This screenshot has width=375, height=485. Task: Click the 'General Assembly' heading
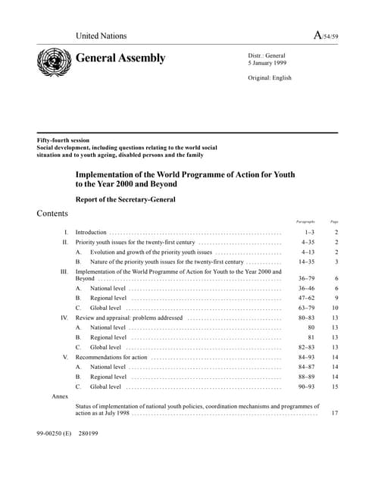click(x=120, y=58)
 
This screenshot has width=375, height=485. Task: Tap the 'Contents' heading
click(x=52, y=214)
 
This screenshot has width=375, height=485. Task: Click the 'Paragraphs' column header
click(x=305, y=222)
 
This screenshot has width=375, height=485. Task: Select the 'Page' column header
click(x=334, y=222)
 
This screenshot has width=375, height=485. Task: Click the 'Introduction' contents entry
click(x=91, y=232)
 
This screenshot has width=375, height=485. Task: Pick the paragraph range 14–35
click(x=306, y=261)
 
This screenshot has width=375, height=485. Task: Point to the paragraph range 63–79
click(x=306, y=308)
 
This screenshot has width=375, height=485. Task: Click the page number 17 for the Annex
click(x=334, y=414)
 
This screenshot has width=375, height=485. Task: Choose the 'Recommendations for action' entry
click(x=111, y=357)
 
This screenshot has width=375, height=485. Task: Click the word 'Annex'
click(x=60, y=396)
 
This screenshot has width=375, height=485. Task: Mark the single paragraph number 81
click(x=310, y=337)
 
